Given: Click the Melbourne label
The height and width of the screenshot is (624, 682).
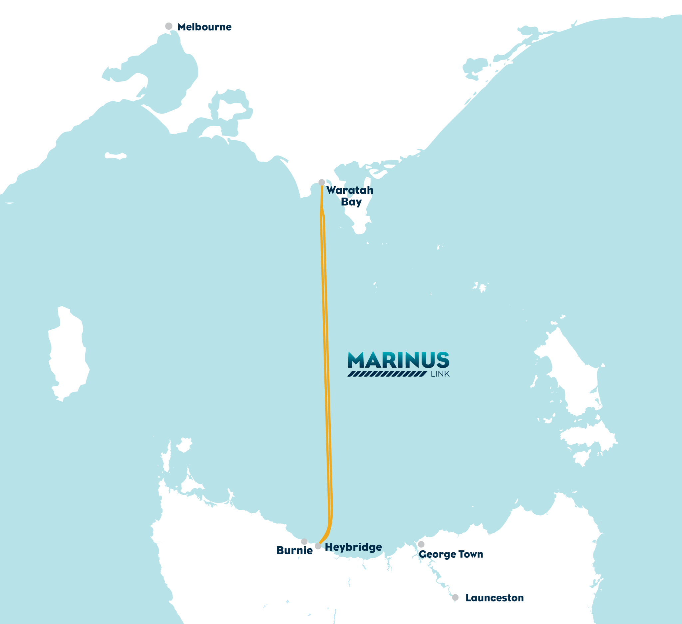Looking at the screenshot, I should [204, 27].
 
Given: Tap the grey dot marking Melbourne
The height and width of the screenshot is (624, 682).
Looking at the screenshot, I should [169, 26].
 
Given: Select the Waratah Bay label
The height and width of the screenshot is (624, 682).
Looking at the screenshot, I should [350, 196].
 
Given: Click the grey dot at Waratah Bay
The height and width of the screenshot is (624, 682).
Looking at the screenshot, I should [322, 182].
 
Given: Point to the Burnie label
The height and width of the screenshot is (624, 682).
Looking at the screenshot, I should [294, 550].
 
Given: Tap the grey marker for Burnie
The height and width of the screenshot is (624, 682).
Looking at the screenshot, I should [304, 541].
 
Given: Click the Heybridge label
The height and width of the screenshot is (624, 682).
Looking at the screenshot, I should [353, 547].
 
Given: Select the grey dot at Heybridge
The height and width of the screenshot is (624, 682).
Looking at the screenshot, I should [318, 546].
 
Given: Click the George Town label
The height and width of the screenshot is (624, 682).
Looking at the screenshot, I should [451, 554].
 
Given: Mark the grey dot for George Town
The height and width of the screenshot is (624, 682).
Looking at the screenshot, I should [421, 544].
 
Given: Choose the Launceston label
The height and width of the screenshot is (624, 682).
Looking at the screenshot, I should [494, 598].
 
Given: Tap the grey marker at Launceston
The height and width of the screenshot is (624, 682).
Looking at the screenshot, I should [455, 597].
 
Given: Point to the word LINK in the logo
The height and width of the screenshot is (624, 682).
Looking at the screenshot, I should [440, 374].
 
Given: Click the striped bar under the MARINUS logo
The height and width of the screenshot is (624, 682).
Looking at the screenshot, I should [387, 374].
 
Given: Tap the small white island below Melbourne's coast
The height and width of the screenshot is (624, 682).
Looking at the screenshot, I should [115, 156].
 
